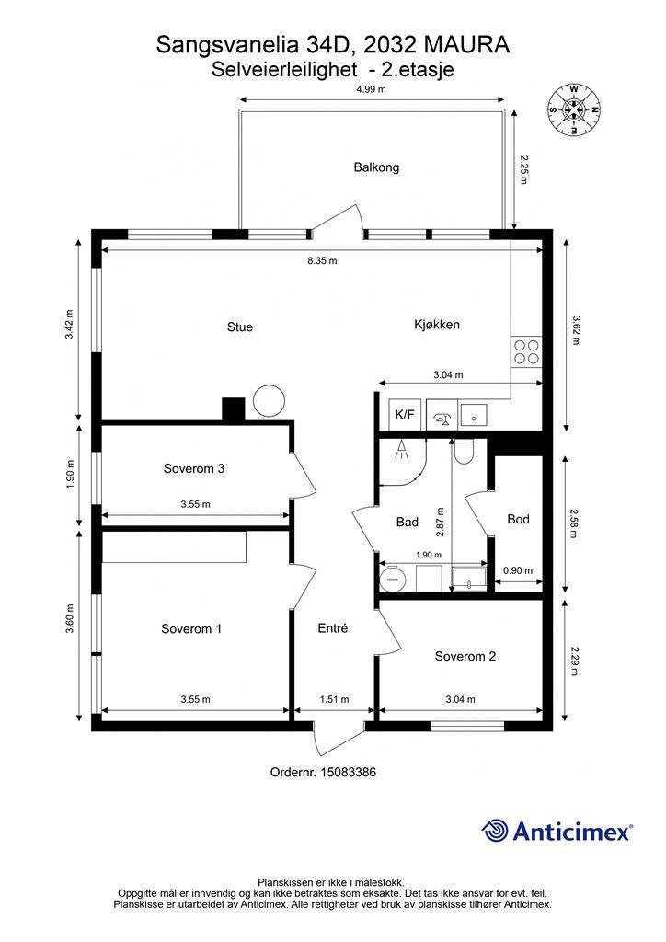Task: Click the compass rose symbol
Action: pyautogui.click(x=574, y=109)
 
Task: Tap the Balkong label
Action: pyautogui.click(x=376, y=167)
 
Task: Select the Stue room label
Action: pyautogui.click(x=239, y=327)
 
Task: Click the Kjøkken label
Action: pyautogui.click(x=437, y=325)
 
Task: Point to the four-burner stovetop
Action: pyautogui.click(x=526, y=352)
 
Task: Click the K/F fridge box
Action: pyautogui.click(x=404, y=415)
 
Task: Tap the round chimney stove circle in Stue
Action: pyautogui.click(x=269, y=401)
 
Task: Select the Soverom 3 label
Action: pyautogui.click(x=194, y=468)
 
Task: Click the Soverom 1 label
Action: pyautogui.click(x=191, y=629)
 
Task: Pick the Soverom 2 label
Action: pyautogui.click(x=465, y=656)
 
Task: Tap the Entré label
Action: pyautogui.click(x=333, y=627)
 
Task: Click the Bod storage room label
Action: pyautogui.click(x=518, y=519)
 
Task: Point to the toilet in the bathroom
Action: pyautogui.click(x=465, y=451)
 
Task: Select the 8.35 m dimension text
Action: pyautogui.click(x=323, y=260)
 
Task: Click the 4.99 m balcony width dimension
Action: pyautogui.click(x=371, y=89)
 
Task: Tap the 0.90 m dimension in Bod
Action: pyautogui.click(x=518, y=570)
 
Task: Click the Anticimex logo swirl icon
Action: pyautogui.click(x=495, y=832)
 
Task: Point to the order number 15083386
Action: pyautogui.click(x=349, y=772)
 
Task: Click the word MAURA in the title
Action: pyautogui.click(x=466, y=44)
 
